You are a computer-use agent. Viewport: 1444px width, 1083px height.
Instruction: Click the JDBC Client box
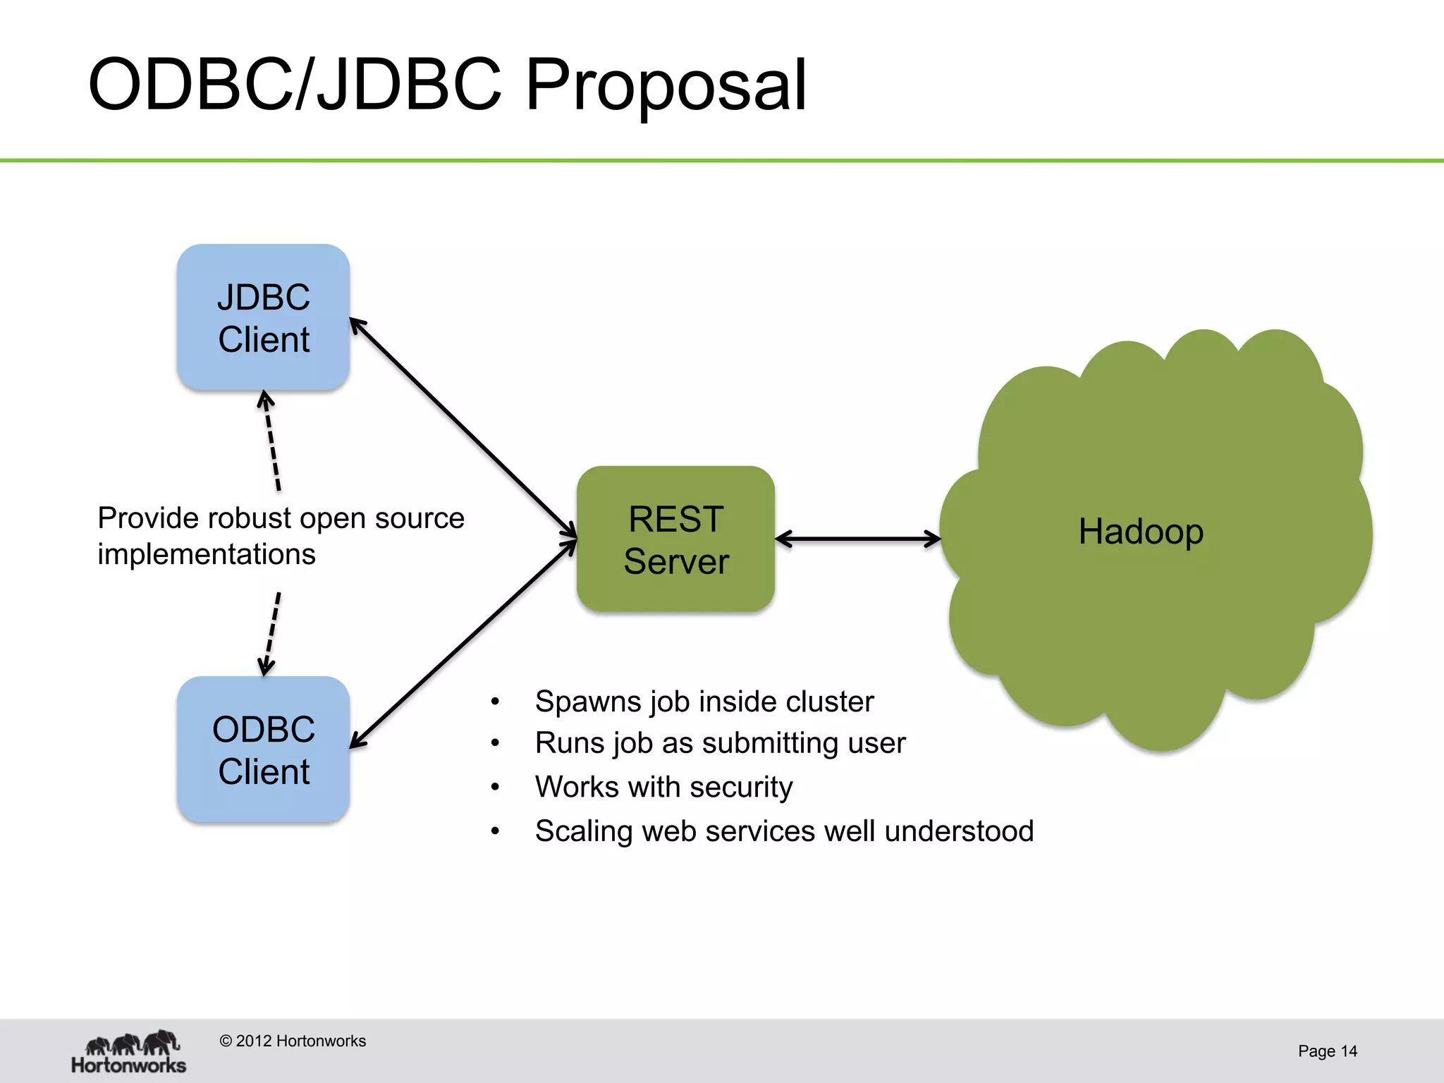click(263, 317)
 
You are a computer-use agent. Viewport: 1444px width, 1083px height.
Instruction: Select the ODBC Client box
click(263, 749)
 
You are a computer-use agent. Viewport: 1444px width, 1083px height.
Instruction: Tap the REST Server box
click(675, 539)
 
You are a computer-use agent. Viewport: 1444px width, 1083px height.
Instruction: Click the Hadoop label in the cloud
click(1140, 531)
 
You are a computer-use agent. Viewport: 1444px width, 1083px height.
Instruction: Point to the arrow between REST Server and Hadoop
click(857, 539)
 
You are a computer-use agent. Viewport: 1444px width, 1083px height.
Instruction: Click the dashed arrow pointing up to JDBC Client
click(271, 441)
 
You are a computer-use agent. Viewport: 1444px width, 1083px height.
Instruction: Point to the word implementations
click(206, 554)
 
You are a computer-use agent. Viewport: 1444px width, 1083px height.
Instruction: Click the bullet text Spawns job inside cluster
click(704, 702)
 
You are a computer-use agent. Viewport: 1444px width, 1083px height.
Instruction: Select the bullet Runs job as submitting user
click(719, 743)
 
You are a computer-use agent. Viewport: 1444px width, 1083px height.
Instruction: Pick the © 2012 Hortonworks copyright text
click(293, 1041)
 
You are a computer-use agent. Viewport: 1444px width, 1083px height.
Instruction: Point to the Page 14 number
click(1327, 1051)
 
